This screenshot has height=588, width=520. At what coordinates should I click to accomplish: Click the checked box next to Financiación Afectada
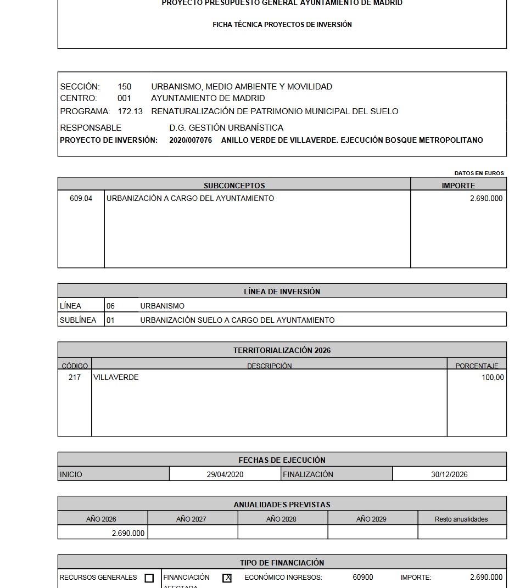[227, 578]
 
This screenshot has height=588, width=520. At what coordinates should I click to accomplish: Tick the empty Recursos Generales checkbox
[149, 578]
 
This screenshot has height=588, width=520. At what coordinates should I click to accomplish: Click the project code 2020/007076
[191, 140]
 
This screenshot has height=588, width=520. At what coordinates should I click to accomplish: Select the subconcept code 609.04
[81, 198]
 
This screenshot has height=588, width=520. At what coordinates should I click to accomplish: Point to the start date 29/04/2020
[225, 474]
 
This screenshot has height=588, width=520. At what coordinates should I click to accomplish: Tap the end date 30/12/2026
[449, 474]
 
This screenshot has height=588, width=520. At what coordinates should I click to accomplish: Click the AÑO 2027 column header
[191, 519]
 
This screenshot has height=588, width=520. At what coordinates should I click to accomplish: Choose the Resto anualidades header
[461, 519]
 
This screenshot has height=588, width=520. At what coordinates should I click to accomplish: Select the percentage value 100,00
[493, 377]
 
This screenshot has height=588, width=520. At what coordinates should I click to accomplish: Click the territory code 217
[75, 377]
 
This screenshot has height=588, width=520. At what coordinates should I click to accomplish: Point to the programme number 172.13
[130, 111]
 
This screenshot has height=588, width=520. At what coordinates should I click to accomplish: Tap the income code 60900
[363, 577]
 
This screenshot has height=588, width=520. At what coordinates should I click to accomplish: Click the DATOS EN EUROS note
[479, 173]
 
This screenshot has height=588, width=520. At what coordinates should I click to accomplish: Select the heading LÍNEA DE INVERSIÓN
[282, 292]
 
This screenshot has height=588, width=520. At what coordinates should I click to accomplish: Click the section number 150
[124, 87]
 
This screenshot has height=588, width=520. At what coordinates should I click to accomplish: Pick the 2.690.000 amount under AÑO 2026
[128, 533]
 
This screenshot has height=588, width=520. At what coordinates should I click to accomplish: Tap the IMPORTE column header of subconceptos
[459, 186]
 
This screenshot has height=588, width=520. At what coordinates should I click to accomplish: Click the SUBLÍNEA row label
[78, 320]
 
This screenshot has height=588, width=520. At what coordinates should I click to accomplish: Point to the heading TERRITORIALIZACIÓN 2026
[282, 350]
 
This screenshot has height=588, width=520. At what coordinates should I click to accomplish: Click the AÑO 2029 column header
[371, 519]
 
